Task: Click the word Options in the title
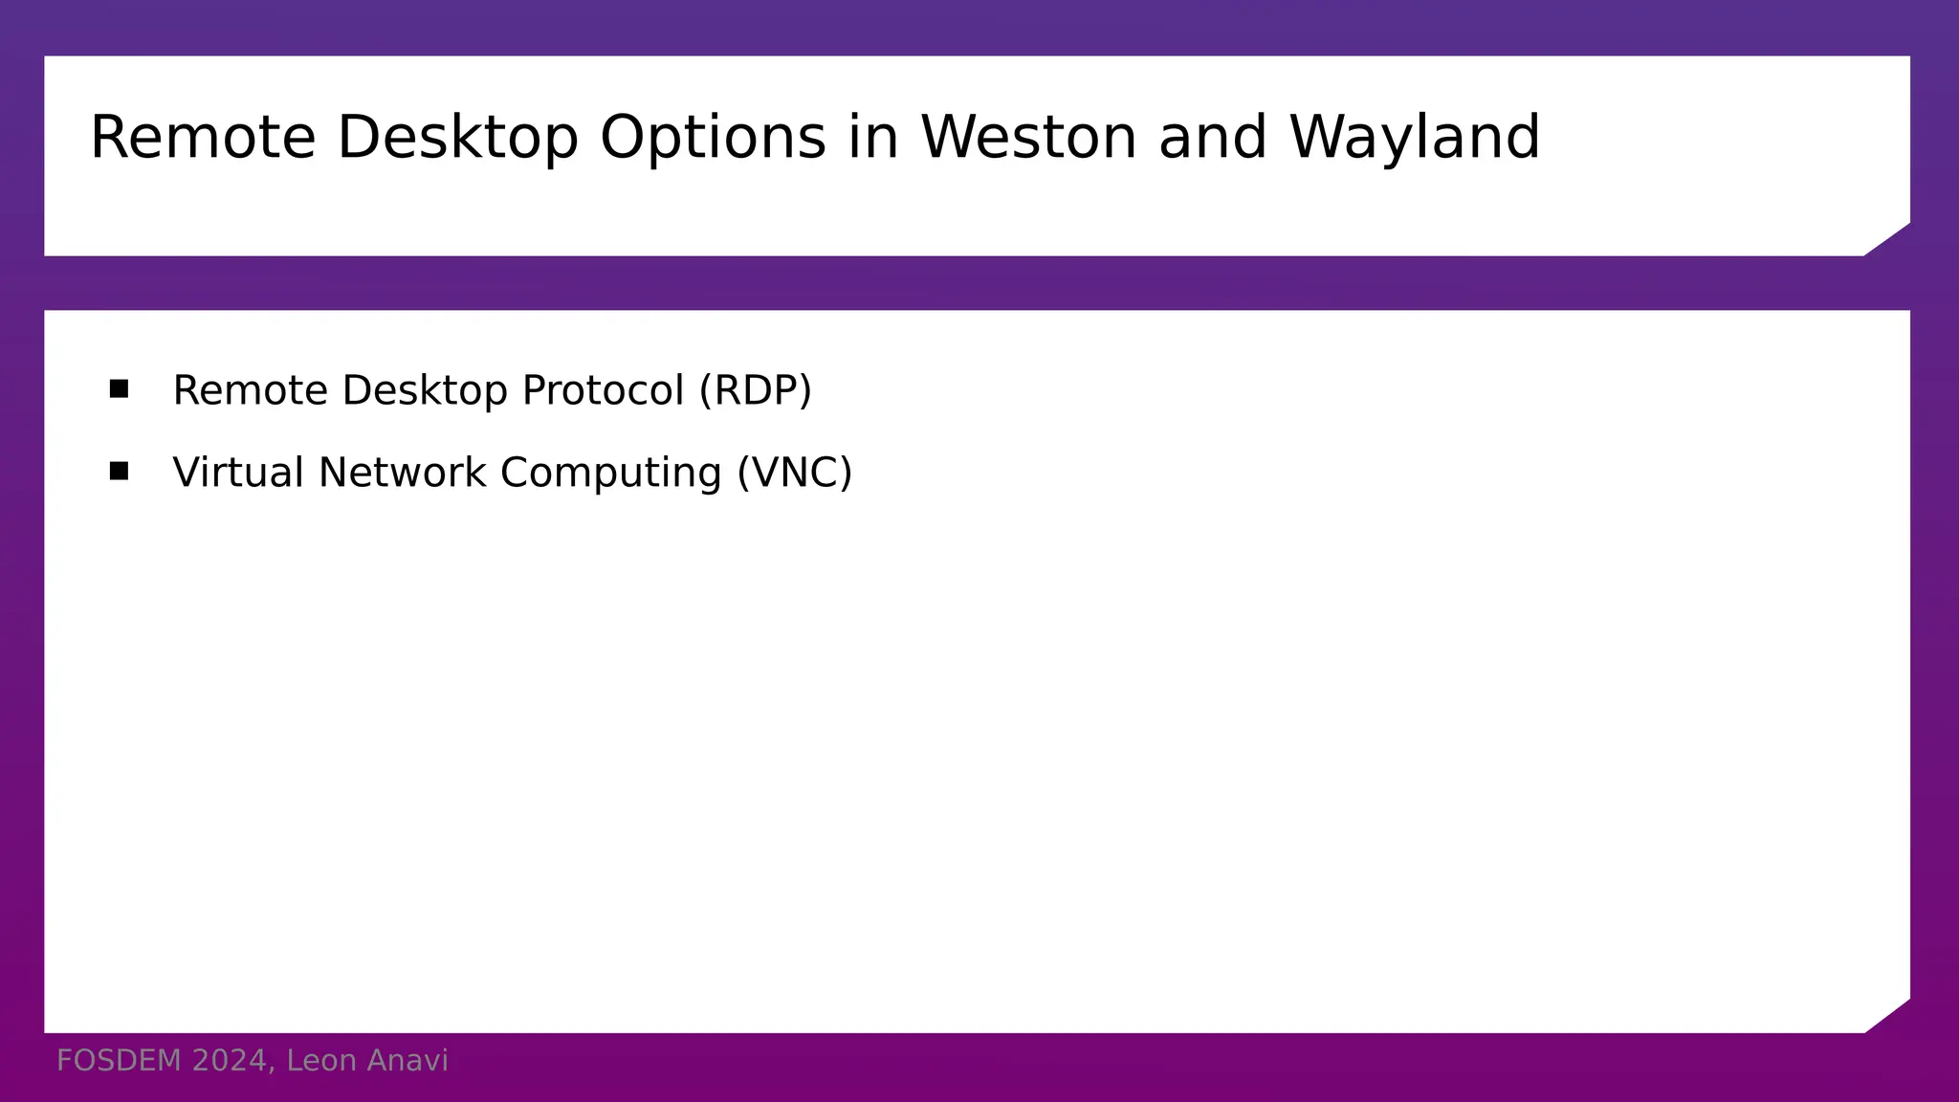[713, 138]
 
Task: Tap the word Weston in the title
[1028, 138]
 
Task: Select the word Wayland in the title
[1415, 138]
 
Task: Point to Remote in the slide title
[203, 138]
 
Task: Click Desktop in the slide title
[457, 138]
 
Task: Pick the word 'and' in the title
[1213, 138]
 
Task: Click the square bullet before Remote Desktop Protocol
[119, 388]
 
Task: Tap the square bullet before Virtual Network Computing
[119, 471]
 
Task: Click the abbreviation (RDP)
[755, 390]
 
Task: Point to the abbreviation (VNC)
[794, 473]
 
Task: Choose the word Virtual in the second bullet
[238, 473]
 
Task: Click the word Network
[402, 473]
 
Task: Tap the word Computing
[610, 473]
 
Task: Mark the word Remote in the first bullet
[250, 390]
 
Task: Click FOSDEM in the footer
[119, 1061]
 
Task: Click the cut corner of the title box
[1889, 240]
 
